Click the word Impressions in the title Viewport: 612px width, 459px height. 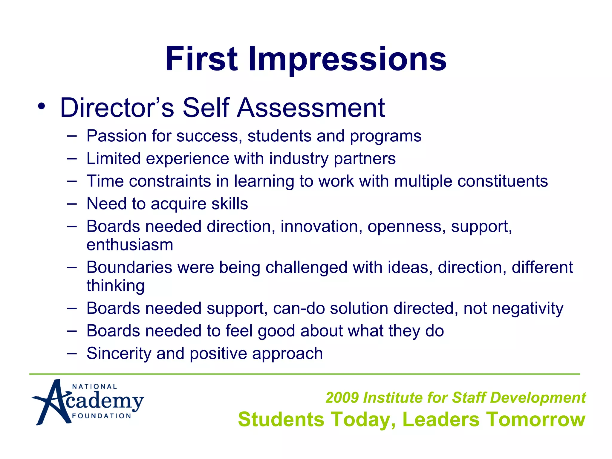pos(347,59)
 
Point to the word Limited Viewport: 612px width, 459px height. pos(113,158)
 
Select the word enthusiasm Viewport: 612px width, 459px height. pos(130,245)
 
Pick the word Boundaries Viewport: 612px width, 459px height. pos(129,267)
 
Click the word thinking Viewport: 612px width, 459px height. pos(116,286)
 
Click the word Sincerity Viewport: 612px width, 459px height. pos(119,354)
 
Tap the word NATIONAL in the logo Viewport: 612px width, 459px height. pos(94,386)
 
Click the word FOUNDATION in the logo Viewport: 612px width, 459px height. pos(102,416)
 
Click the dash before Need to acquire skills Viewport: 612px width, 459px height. pos(72,204)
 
